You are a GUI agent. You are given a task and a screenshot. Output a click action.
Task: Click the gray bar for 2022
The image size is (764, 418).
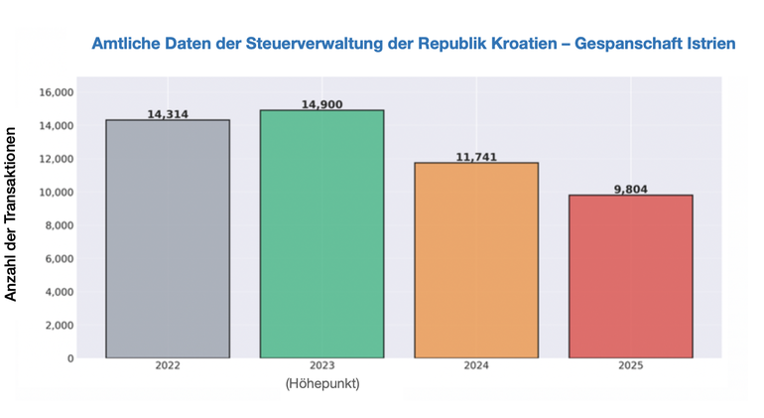168,238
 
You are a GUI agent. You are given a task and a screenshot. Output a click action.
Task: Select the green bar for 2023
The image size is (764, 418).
321,233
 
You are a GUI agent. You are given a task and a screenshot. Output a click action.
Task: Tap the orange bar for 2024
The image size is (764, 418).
476,259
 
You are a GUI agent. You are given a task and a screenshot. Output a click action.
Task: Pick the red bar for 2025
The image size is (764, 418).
630,276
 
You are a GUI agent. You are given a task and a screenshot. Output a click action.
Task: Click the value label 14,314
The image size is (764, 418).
168,114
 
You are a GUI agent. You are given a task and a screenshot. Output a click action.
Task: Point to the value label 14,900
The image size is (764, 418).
321,104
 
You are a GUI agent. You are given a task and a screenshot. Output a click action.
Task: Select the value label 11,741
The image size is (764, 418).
476,157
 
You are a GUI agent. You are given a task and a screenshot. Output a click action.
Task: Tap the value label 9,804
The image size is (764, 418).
630,189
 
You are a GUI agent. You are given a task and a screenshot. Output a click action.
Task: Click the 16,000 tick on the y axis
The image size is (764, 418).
57,92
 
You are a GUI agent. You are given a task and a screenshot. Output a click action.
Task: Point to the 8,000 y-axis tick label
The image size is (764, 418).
60,225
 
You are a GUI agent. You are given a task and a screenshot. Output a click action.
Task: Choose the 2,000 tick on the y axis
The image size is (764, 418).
60,325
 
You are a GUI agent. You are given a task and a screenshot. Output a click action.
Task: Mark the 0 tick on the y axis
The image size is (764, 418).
70,358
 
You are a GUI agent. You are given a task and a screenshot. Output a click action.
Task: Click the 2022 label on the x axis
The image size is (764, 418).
168,366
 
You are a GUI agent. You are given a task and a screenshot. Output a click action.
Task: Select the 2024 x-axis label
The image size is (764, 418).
476,366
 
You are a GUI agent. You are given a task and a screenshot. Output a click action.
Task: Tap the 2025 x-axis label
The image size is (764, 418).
630,366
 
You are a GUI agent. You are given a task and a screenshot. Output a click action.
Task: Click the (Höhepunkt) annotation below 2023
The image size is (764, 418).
321,383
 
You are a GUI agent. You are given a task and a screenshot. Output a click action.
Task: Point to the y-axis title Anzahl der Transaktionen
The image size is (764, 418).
12,212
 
